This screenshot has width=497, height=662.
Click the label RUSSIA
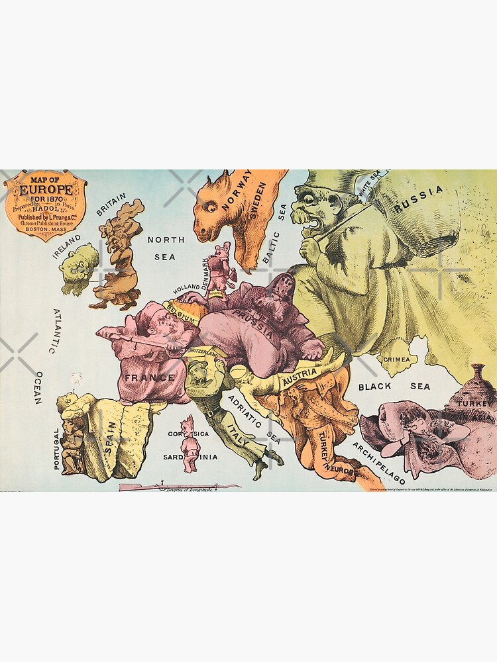418,199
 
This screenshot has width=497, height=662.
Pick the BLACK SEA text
394,386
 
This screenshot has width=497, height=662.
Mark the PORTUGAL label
56,448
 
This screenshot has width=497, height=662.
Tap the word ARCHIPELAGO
379,464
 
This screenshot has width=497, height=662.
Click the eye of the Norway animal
209,207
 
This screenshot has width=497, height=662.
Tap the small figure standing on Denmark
217,265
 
